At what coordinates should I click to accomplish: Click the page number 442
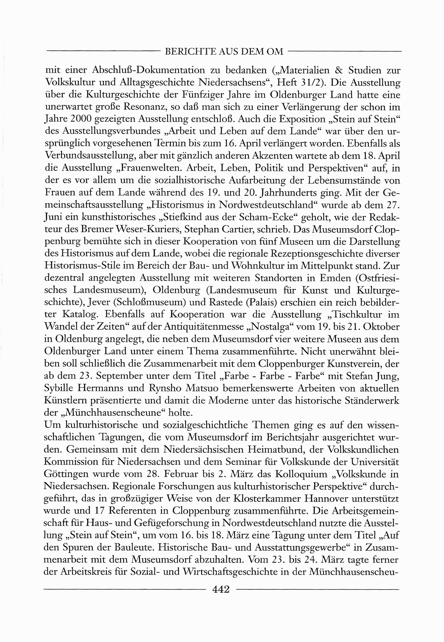[x=221, y=589]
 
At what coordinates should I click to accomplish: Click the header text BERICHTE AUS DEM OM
[x=224, y=52]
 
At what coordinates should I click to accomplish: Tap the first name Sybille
[x=62, y=388]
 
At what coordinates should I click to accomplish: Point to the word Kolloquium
[x=301, y=474]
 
